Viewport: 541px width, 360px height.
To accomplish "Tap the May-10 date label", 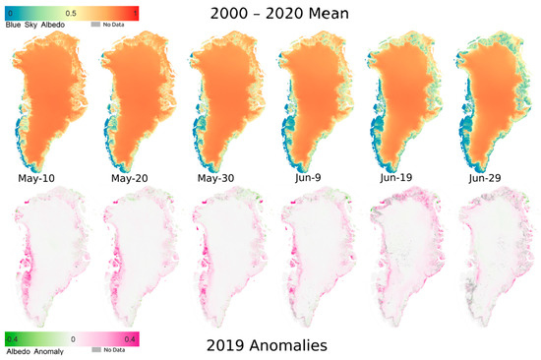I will [x=42, y=180].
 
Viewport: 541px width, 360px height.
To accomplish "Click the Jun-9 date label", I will [x=312, y=180].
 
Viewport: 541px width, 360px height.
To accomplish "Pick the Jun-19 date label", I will [x=403, y=180].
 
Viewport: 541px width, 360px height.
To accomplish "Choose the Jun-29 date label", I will [x=493, y=180].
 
